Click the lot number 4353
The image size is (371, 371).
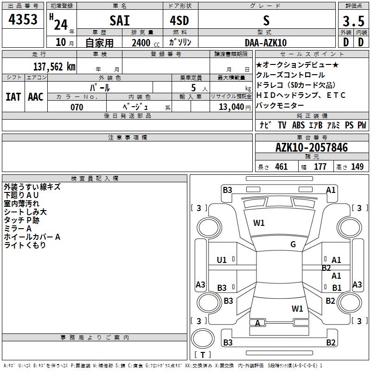[23, 19]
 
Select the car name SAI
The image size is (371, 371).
[120, 20]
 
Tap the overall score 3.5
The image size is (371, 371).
[353, 21]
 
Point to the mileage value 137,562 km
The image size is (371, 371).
[54, 67]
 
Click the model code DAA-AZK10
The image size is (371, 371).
[266, 43]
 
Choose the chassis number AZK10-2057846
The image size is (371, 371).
[312, 147]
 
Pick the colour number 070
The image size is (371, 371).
[77, 107]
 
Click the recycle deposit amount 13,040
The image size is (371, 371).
[231, 107]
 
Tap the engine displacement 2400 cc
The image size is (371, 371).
[146, 43]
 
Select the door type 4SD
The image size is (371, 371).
[179, 20]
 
